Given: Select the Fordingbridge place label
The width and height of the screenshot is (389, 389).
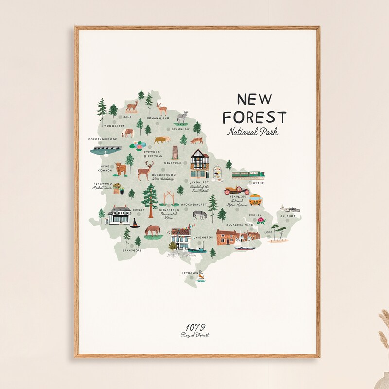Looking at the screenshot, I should [x=103, y=139].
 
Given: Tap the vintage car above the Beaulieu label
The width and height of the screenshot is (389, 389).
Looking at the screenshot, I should [x=237, y=190].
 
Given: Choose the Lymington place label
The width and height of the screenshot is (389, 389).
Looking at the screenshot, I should [x=203, y=237].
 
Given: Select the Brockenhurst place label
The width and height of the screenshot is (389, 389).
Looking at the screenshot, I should [x=194, y=205].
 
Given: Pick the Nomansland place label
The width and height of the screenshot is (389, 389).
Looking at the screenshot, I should [x=159, y=118].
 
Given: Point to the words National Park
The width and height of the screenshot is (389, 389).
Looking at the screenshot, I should [x=252, y=131].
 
